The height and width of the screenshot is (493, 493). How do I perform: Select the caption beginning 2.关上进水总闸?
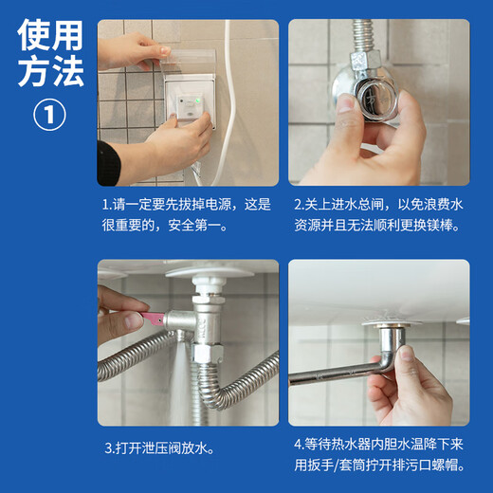click(378, 215)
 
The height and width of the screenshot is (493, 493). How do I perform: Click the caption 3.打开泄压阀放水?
click(158, 445)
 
